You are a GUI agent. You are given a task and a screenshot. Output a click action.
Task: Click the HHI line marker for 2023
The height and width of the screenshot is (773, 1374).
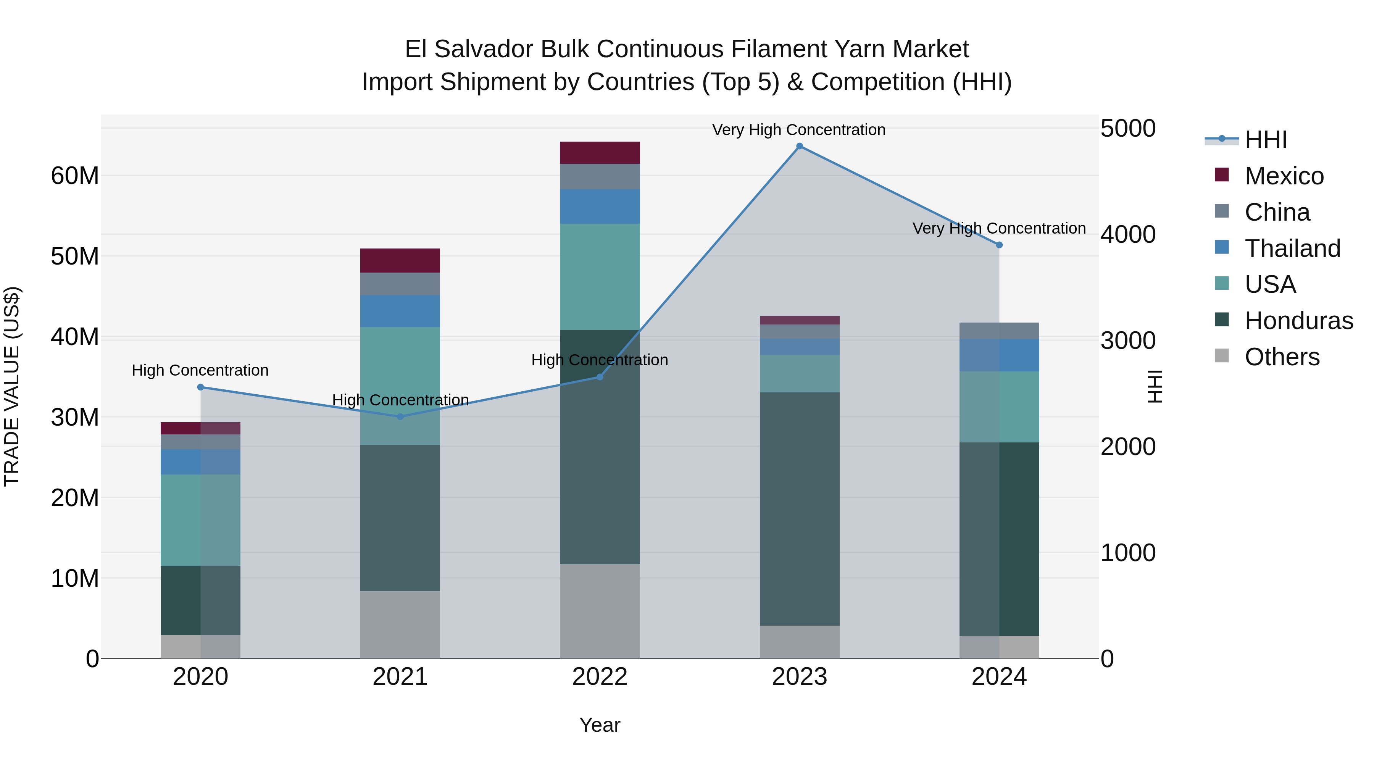tap(799, 146)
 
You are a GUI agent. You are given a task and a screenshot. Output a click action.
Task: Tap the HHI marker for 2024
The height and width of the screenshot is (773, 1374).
tap(999, 245)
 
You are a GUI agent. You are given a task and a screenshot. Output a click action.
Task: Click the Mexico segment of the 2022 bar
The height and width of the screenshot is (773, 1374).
tap(600, 153)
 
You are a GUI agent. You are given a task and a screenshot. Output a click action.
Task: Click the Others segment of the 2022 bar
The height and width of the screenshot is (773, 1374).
tap(600, 611)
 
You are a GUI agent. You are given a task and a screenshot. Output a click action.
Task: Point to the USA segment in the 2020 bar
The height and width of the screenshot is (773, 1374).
tap(200, 520)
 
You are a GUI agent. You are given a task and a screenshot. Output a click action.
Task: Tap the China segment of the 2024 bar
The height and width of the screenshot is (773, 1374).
tap(999, 331)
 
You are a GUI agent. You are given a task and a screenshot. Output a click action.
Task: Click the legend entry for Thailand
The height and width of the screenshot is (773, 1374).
tap(1292, 249)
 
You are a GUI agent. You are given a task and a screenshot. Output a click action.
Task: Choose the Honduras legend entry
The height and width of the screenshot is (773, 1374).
tap(1298, 321)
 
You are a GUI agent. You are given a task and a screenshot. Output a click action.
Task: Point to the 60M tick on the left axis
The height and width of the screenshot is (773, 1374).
tap(75, 176)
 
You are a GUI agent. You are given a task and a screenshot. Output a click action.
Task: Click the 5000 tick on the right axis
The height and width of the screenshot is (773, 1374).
tap(1127, 129)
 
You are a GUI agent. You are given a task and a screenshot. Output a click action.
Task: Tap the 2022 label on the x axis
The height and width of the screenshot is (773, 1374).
tap(600, 677)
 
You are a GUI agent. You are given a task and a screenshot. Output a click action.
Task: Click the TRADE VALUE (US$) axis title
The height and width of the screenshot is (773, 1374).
tap(12, 386)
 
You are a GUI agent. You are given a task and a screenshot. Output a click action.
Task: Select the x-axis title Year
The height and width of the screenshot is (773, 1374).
tap(600, 725)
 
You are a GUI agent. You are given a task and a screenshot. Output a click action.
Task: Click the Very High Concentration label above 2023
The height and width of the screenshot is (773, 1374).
tap(798, 130)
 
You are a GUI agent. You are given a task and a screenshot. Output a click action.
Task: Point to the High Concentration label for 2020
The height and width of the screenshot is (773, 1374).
tap(200, 370)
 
